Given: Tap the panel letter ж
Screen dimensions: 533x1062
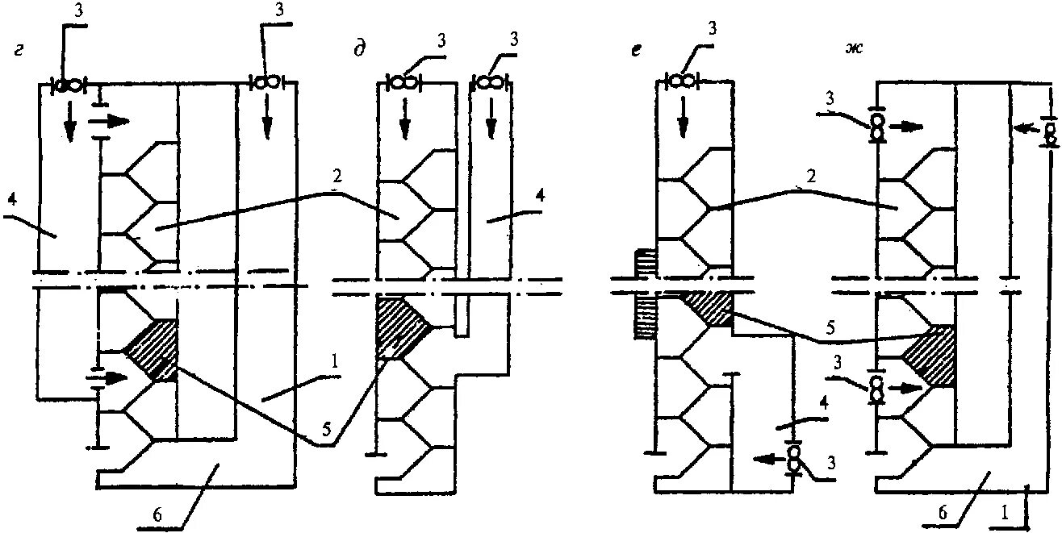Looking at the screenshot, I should click(x=851, y=50).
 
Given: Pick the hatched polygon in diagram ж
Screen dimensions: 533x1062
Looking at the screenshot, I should click(x=931, y=355).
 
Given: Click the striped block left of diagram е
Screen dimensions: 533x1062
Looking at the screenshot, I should click(x=643, y=294).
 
